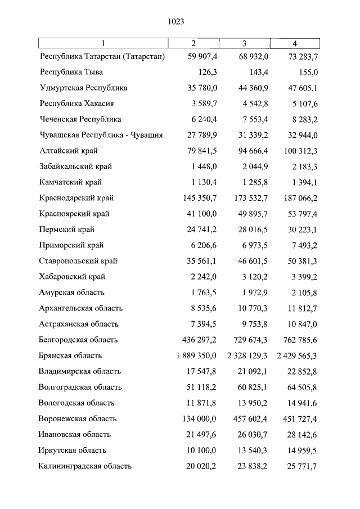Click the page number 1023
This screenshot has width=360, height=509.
point(176,22)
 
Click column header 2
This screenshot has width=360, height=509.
point(193,43)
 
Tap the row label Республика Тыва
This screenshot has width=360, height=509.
point(71,73)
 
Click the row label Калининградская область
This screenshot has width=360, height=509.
point(85,466)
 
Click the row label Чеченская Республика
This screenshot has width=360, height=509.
point(80,120)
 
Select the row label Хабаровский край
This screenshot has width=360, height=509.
point(73,277)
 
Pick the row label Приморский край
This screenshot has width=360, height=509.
point(71,246)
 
